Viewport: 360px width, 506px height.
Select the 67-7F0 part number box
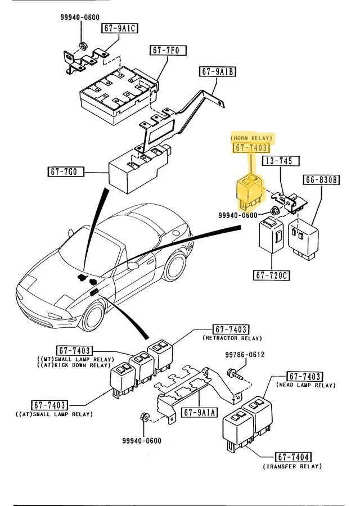click(x=164, y=50)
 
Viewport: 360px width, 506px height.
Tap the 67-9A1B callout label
click(x=217, y=71)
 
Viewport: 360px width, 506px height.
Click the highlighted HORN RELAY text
click(x=251, y=137)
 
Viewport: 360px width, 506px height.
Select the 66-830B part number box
click(x=322, y=180)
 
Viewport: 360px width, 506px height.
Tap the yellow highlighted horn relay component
click(x=247, y=189)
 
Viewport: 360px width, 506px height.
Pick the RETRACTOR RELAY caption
click(x=232, y=338)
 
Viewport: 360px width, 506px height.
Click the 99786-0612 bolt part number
click(x=245, y=355)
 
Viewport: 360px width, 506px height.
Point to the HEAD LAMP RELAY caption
click(x=306, y=385)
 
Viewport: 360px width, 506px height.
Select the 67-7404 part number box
click(x=293, y=457)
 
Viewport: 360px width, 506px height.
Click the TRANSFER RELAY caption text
click(x=292, y=466)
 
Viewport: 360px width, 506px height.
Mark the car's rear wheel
click(x=174, y=266)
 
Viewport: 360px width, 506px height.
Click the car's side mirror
click(x=133, y=265)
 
